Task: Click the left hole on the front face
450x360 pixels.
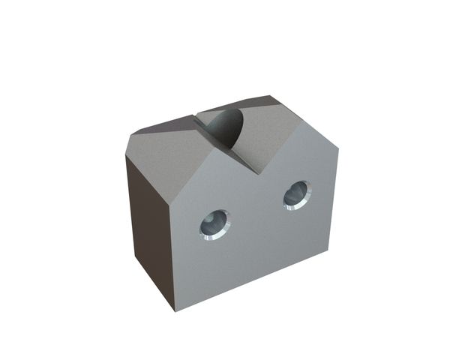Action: click(215, 223)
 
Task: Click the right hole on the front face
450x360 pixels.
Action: click(297, 195)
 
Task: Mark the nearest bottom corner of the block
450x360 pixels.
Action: click(175, 310)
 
